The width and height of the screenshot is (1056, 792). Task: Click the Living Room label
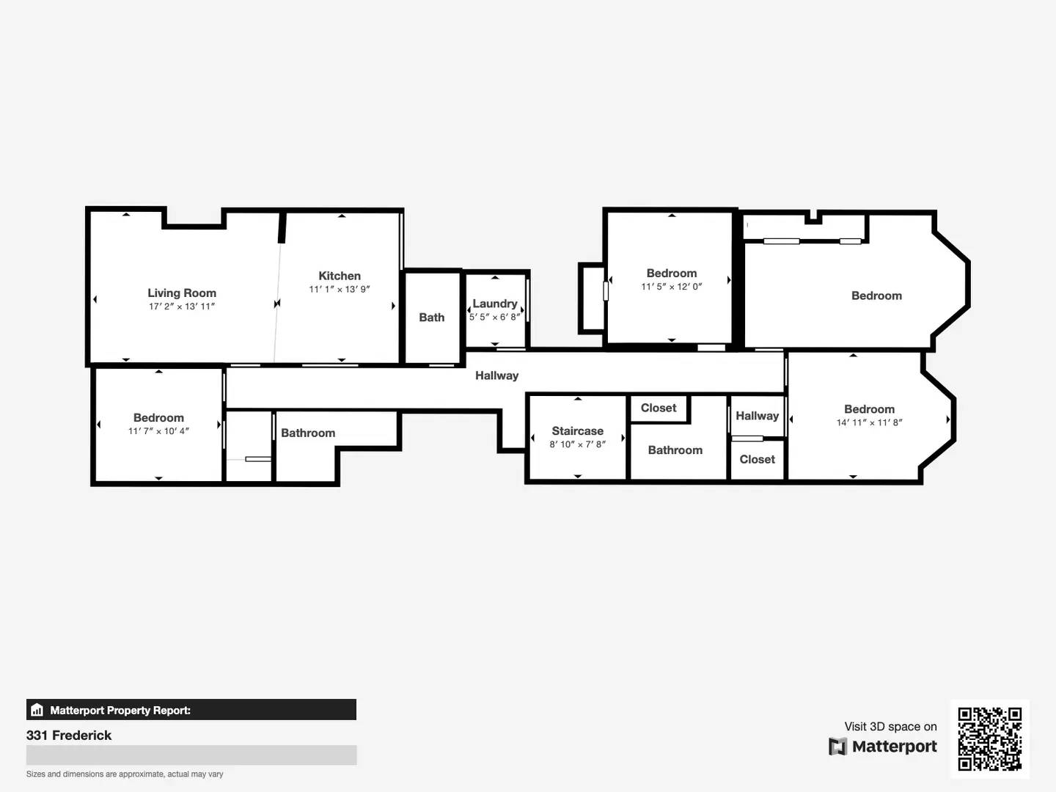tap(182, 293)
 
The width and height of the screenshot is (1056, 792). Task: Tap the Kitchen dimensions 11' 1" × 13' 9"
tap(340, 289)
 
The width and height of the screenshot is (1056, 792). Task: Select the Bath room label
tap(431, 318)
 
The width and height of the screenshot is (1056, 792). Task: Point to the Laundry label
tap(495, 304)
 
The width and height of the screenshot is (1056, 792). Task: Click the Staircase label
tap(578, 431)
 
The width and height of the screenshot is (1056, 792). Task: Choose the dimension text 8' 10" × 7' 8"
tap(578, 444)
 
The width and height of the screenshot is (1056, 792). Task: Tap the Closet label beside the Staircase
tap(659, 408)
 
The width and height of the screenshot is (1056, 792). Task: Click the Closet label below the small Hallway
tap(757, 460)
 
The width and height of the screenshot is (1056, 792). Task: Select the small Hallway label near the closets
tap(757, 416)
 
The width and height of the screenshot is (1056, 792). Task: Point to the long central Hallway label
tap(496, 375)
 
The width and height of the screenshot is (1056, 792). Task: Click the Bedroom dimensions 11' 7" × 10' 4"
tap(158, 431)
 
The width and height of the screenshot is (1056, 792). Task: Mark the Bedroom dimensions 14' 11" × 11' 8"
tap(869, 422)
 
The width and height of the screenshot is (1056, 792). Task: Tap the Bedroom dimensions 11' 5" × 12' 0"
tap(672, 287)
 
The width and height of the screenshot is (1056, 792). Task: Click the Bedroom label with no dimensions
tap(876, 296)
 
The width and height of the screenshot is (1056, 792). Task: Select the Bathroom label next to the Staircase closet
tap(675, 450)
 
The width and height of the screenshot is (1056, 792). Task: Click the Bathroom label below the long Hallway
tap(308, 433)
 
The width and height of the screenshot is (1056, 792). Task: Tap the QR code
tap(989, 739)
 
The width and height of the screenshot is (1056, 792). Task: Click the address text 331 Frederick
tap(69, 736)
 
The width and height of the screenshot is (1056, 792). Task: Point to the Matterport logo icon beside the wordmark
tap(837, 747)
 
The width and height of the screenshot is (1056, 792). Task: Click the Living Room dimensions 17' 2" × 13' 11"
tap(182, 307)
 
